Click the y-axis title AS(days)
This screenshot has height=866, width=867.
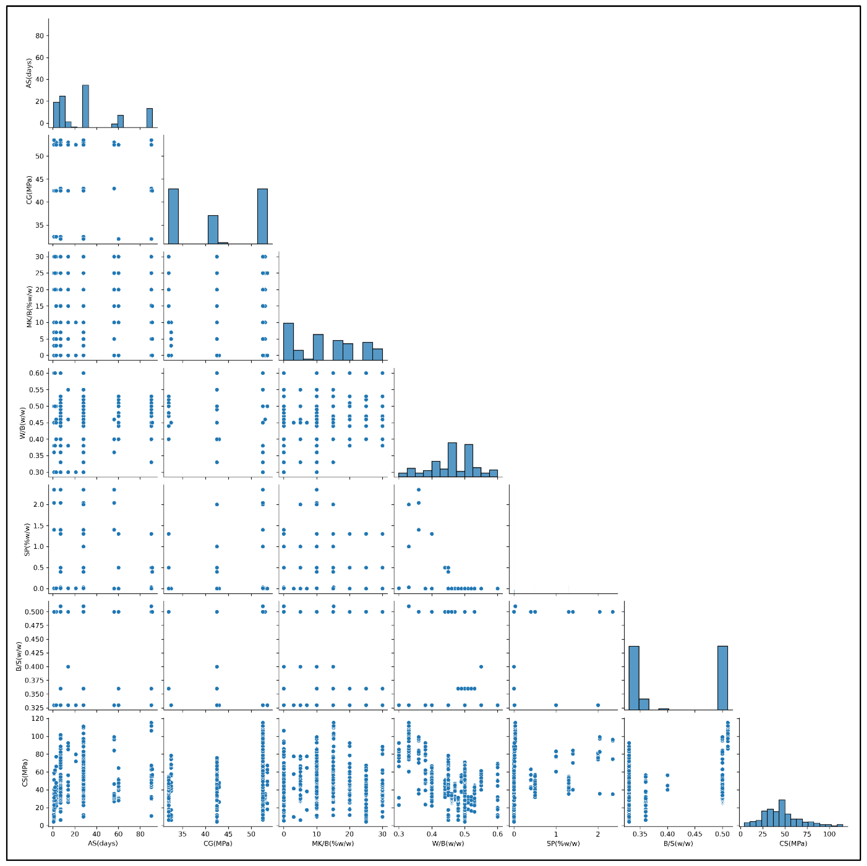point(29,73)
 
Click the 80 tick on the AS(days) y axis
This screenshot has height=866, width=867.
point(40,36)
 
